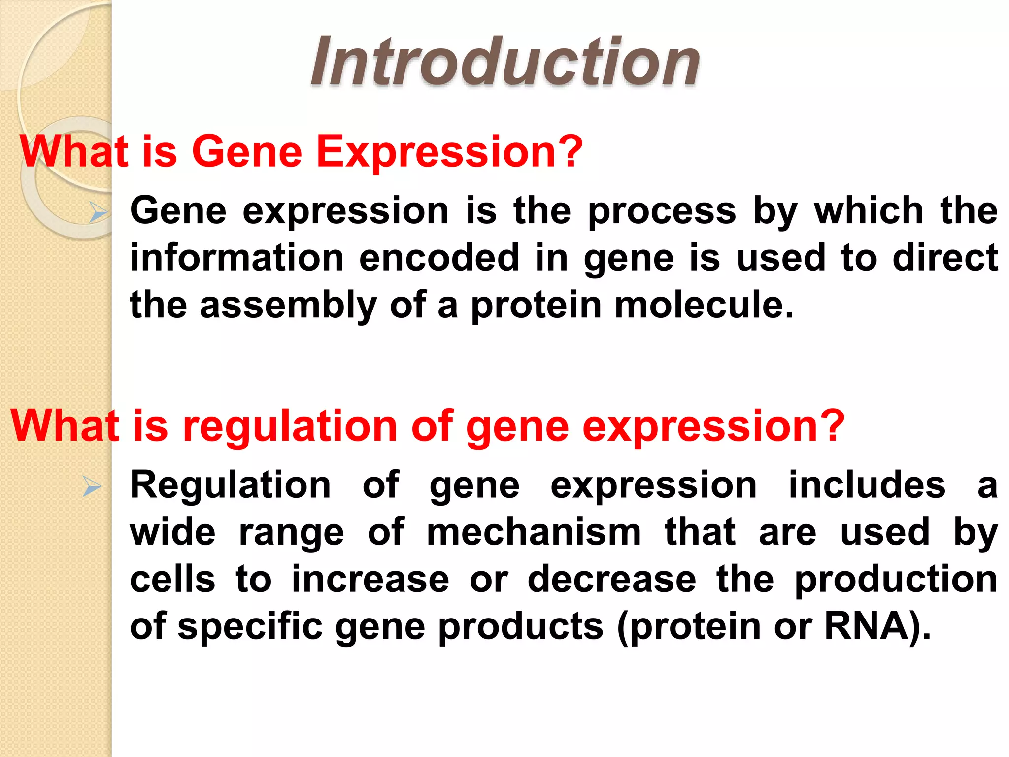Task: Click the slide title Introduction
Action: (x=504, y=63)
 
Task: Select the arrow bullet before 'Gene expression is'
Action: (x=99, y=213)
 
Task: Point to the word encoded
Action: (x=439, y=258)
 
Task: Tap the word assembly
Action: (x=288, y=306)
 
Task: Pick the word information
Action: (x=237, y=258)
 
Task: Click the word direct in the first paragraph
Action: (x=945, y=258)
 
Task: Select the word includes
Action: (x=867, y=485)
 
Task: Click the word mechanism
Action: (x=534, y=533)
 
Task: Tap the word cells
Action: (x=172, y=580)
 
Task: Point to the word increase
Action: (x=370, y=580)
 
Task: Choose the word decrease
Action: (x=612, y=580)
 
